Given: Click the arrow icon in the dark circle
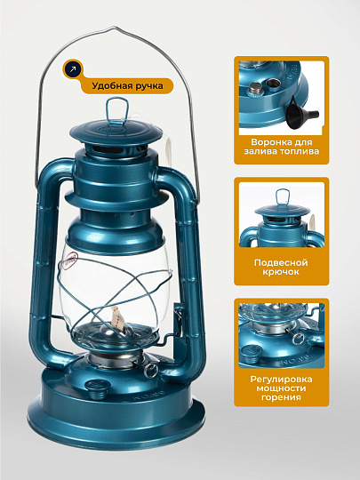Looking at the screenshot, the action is tap(73, 69).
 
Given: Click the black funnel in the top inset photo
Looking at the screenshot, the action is tap(300, 113).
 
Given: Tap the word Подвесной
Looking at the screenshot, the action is tap(281, 263).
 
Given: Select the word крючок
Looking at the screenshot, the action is tap(281, 272).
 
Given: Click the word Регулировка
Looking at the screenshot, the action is tap(281, 380).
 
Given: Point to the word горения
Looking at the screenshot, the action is tap(281, 397).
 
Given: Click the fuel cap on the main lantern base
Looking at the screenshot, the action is tap(97, 389).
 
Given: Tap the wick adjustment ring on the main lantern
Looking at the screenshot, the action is tap(151, 370).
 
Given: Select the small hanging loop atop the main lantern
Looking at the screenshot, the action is tap(116, 110).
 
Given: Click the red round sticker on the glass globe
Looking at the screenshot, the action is tap(71, 260).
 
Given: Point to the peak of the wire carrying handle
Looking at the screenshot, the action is tap(116, 28).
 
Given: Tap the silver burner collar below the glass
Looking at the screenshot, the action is tap(116, 359).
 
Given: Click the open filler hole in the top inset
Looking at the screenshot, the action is tap(272, 83).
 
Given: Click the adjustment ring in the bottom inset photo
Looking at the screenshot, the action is tap(298, 338).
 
